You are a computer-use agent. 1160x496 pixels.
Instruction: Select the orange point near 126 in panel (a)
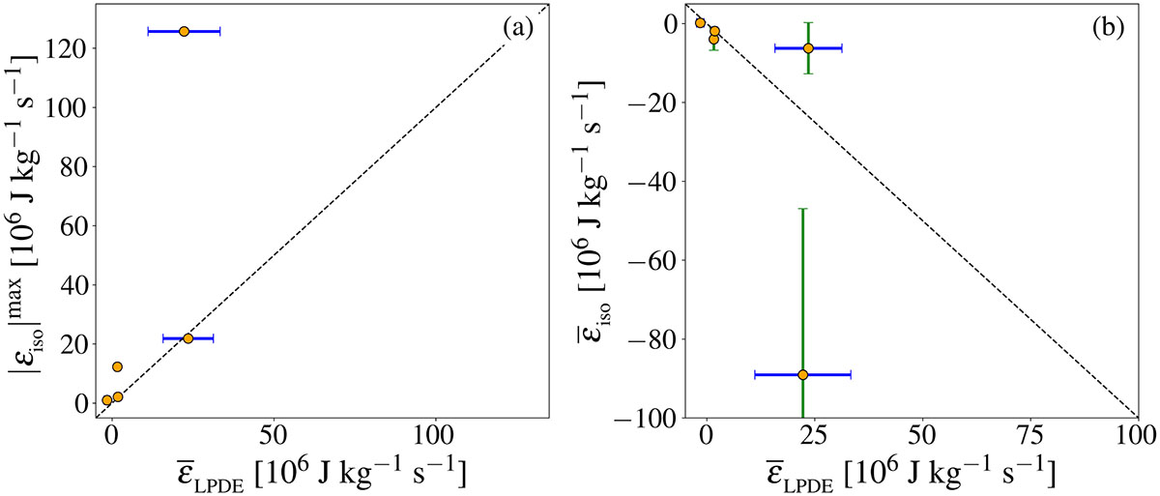(x=185, y=31)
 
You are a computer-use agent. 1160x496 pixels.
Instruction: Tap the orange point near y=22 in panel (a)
(x=188, y=338)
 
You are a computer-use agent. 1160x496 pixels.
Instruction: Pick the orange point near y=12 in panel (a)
(x=117, y=367)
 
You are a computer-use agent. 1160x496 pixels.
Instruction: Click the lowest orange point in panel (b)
(x=802, y=374)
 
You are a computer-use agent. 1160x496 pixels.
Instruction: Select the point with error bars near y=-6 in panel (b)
(x=808, y=47)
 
